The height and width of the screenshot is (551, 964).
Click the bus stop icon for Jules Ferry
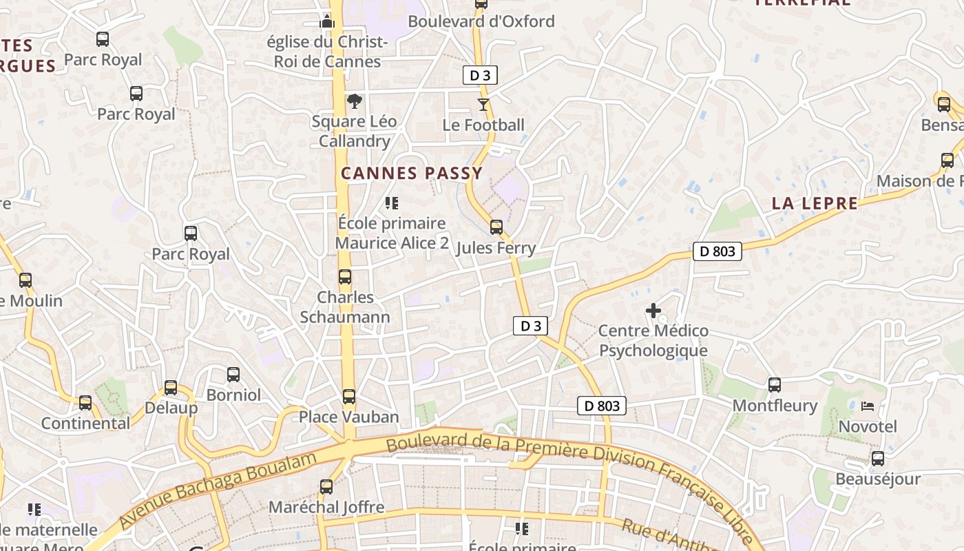(x=496, y=227)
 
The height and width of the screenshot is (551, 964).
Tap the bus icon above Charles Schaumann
(x=345, y=277)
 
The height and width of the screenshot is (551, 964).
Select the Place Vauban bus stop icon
(x=349, y=396)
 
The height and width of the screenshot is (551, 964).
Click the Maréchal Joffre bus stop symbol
(x=326, y=487)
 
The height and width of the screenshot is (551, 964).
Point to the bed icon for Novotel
(x=868, y=406)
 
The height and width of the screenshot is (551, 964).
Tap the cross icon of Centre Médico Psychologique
(x=653, y=311)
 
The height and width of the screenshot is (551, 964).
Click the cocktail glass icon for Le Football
(x=483, y=105)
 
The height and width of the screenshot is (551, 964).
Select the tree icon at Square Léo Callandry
(x=354, y=102)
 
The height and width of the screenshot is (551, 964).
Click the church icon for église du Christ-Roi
(x=327, y=22)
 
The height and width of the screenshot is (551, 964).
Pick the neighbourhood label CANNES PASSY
(x=412, y=174)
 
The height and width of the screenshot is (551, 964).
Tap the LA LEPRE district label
(x=815, y=203)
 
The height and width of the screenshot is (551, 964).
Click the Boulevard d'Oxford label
(x=481, y=21)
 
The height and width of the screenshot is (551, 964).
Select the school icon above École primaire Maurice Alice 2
(x=392, y=203)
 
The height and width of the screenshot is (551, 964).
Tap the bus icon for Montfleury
(x=775, y=384)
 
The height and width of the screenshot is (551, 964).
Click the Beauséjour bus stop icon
(x=877, y=458)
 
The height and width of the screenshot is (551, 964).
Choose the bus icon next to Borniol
(x=233, y=374)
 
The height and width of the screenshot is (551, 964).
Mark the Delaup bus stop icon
(x=170, y=387)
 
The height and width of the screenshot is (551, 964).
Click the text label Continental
(x=85, y=423)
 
